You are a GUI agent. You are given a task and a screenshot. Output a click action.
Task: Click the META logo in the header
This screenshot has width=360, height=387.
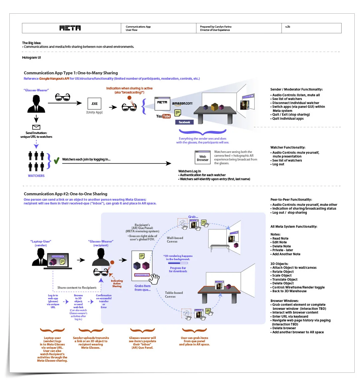coord(70,28)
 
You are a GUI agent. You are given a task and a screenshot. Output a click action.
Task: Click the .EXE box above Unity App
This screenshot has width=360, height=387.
coord(94,104)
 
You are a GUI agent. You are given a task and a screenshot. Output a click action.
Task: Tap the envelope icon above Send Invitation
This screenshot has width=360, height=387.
coord(36,127)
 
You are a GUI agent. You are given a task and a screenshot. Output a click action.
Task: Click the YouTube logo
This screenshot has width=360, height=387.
coord(163,116)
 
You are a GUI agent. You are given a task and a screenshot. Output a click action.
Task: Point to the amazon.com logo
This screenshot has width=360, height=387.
coord(182,104)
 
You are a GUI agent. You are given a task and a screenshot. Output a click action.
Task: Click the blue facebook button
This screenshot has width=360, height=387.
coord(184,122)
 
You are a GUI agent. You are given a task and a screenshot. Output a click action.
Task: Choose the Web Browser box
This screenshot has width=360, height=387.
coord(203,158)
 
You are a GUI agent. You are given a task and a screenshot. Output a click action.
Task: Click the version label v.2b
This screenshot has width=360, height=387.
coord(288,27)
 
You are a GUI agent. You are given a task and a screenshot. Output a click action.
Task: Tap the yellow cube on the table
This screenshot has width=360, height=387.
coord(215,107)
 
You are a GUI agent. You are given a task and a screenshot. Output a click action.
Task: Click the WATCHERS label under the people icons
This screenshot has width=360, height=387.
coord(36,176)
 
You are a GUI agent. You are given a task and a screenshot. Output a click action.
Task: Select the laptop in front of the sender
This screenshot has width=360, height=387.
coord(57,261)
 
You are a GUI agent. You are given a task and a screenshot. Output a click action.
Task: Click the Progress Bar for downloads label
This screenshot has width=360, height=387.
coord(178,270)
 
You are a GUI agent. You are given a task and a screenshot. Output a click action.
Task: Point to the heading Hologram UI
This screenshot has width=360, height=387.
coord(32,58)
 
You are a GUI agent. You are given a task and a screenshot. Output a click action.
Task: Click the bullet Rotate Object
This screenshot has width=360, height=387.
coord(283,272)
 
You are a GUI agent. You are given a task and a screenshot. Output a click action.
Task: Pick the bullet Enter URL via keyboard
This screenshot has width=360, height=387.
coord(290,317)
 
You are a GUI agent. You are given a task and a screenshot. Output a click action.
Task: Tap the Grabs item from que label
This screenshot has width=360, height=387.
coord(142,288)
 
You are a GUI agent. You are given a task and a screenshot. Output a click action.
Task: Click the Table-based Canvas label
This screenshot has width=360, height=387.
coord(174,295)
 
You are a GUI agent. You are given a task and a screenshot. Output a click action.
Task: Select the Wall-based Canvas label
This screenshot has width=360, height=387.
coord(175,240)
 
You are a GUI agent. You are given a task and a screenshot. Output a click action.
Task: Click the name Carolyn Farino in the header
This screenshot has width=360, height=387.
coord(223,27)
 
